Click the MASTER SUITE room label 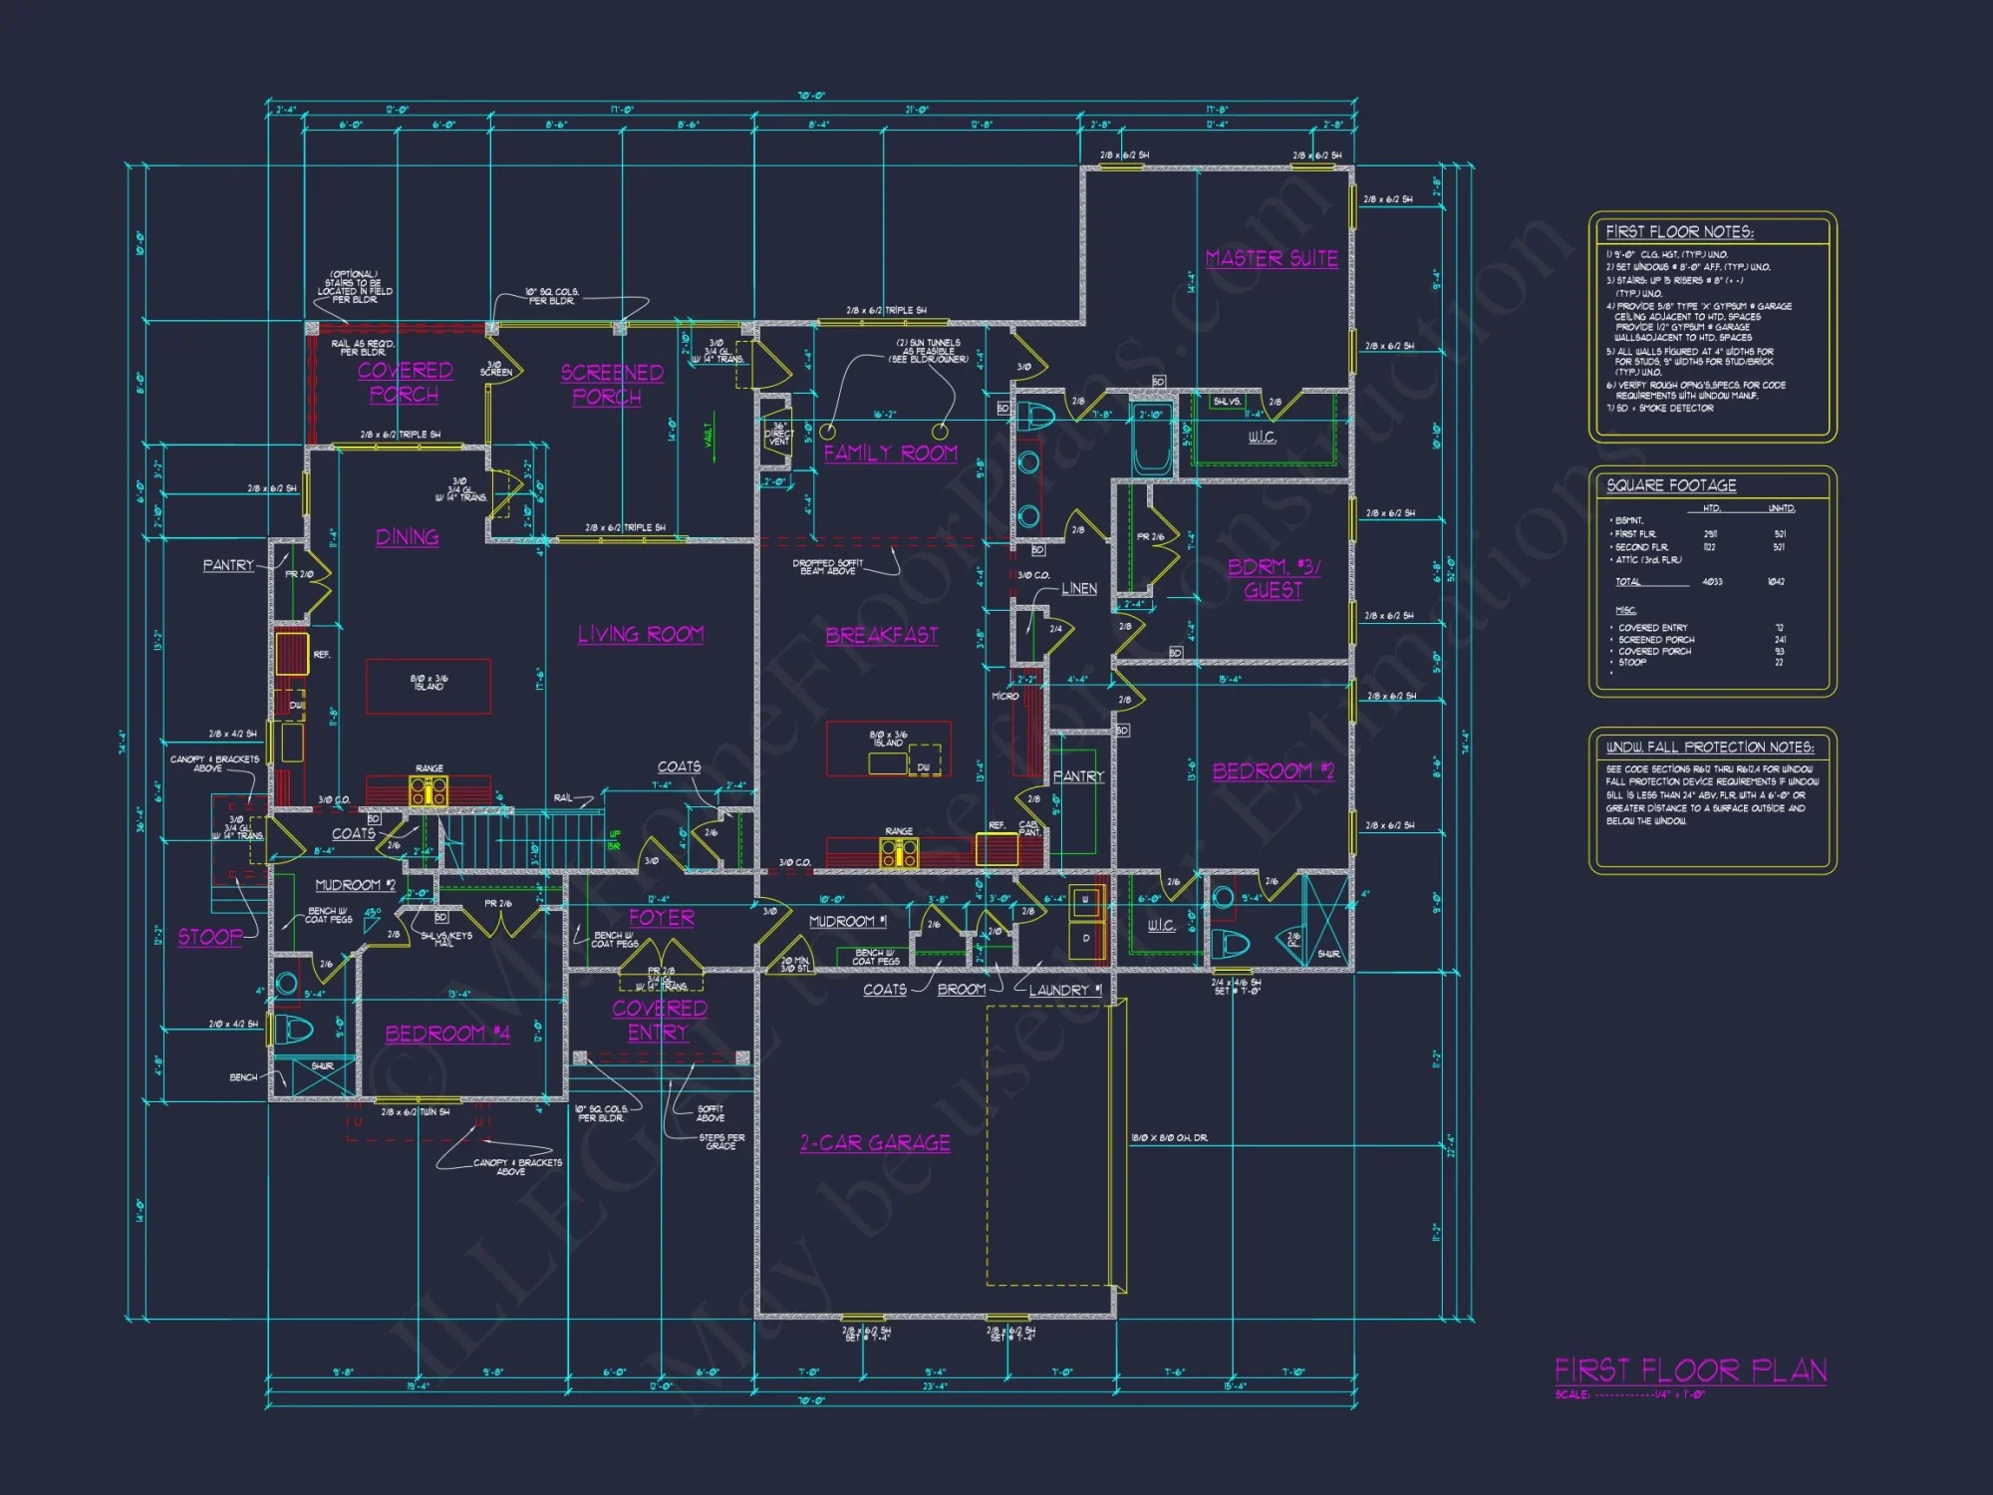click(x=1272, y=259)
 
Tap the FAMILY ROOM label click(x=890, y=453)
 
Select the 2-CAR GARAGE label click(x=875, y=1143)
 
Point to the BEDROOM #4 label click(x=447, y=1034)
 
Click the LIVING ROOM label click(x=641, y=635)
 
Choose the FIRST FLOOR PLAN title click(x=1690, y=1371)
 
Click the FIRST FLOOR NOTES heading click(x=1679, y=232)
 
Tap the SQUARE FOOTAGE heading click(x=1671, y=485)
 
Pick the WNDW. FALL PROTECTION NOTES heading click(x=1709, y=747)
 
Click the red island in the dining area click(x=428, y=686)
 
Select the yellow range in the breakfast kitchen click(x=899, y=852)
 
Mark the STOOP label click(x=210, y=937)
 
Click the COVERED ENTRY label click(x=660, y=1021)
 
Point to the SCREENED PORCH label click(x=611, y=385)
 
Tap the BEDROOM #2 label click(x=1273, y=771)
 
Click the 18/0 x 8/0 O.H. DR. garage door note click(x=1169, y=1138)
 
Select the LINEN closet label click(x=1079, y=589)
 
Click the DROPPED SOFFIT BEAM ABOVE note click(x=827, y=567)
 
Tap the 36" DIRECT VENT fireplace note click(x=779, y=435)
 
